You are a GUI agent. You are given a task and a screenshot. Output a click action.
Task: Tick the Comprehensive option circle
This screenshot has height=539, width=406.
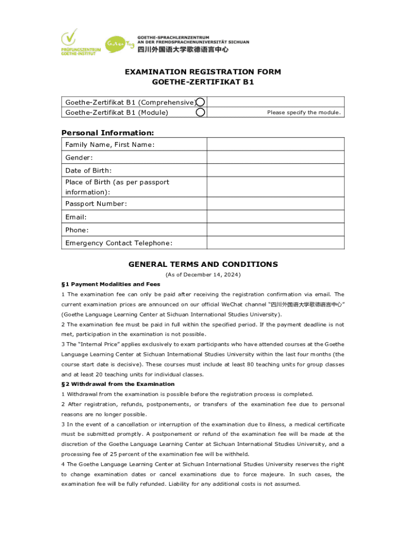point(200,102)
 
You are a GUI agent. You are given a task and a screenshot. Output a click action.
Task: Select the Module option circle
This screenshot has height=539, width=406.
point(200,112)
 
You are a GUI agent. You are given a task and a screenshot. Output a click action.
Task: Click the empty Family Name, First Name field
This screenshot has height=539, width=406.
point(275,144)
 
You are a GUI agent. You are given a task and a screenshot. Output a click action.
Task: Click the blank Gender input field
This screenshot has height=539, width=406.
point(275,157)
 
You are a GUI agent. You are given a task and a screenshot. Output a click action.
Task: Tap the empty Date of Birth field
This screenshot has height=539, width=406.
point(275,171)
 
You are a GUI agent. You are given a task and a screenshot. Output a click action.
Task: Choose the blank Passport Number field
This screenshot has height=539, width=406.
point(275,204)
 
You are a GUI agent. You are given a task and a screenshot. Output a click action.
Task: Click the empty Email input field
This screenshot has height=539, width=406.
point(275,217)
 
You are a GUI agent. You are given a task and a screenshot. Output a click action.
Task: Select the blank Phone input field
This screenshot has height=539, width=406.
point(275,230)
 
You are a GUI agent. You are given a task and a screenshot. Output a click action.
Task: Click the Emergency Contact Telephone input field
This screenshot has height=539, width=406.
point(275,243)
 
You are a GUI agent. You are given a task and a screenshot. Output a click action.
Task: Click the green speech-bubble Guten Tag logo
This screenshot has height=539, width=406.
point(117,44)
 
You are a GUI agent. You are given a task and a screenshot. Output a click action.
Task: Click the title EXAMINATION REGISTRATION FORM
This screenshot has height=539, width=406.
point(203,72)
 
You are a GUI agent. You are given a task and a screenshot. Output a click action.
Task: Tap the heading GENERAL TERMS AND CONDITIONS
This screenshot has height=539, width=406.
point(203,264)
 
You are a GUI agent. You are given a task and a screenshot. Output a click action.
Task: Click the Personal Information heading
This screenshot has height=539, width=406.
point(108,133)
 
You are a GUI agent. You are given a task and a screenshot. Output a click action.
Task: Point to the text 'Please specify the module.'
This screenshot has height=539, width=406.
point(304,113)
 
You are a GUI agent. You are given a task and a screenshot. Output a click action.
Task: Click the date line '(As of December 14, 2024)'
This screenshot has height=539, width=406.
point(203,275)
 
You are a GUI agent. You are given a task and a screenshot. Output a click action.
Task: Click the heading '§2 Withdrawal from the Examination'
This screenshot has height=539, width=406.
point(118,384)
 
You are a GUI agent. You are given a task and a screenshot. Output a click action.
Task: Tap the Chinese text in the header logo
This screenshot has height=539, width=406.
point(183,49)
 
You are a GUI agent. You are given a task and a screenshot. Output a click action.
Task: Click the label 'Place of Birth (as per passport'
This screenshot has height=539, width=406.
point(117,182)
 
